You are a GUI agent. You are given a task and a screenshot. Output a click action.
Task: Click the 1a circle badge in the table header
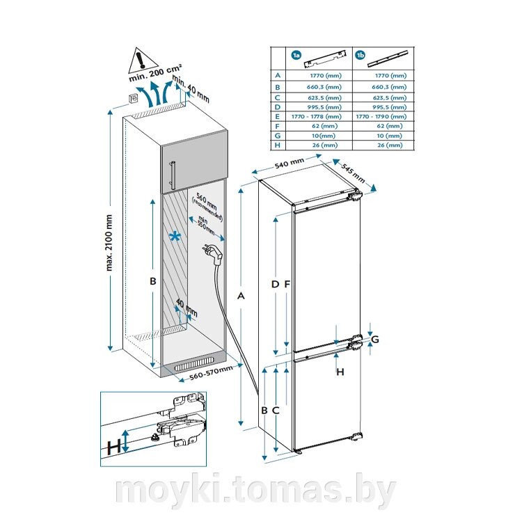296,54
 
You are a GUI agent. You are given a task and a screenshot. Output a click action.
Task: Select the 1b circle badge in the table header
360,54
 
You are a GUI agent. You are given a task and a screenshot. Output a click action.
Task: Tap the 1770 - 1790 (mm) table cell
380,117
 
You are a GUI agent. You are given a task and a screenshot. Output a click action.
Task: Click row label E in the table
278,117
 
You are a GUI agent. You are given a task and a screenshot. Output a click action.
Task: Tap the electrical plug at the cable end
214,251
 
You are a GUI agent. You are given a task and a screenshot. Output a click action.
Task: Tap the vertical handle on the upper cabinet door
171,174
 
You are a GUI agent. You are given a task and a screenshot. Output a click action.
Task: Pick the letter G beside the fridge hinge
375,339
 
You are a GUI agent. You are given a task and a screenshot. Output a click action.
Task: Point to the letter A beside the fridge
241,297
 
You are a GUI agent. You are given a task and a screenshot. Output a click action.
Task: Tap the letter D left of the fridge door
275,284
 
